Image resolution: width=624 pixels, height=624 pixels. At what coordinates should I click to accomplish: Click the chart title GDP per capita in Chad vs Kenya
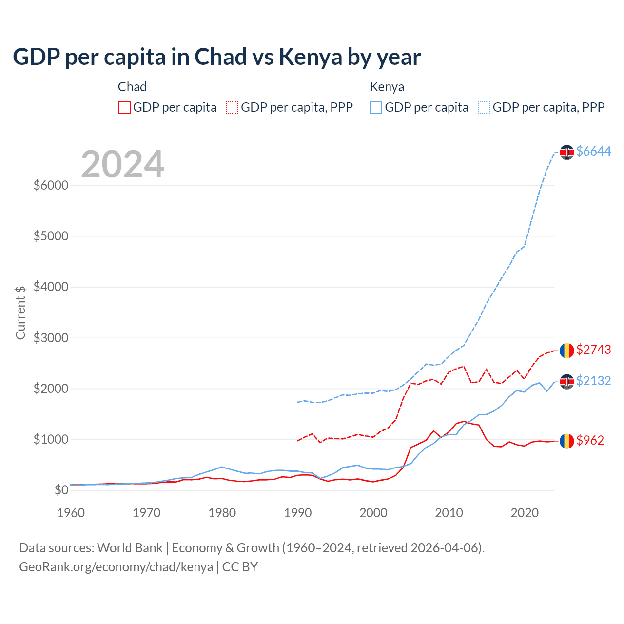[x=216, y=57]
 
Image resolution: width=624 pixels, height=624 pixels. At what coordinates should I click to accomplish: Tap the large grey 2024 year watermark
[x=122, y=164]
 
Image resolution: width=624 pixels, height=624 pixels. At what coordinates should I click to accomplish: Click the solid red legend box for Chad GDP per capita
[x=124, y=107]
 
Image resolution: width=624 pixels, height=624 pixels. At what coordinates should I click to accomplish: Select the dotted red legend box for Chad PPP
[x=232, y=107]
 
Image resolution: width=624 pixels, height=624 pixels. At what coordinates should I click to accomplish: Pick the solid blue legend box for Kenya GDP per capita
[x=376, y=107]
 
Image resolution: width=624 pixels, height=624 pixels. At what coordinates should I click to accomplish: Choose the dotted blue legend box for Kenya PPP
[x=484, y=107]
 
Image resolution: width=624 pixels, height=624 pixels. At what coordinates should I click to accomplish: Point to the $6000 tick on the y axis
[x=51, y=186]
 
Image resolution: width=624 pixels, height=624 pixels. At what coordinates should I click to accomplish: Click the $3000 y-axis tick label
[x=51, y=338]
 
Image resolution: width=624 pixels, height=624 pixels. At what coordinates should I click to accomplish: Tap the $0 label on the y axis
[x=61, y=490]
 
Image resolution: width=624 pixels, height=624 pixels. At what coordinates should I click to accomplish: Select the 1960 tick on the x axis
[x=71, y=513]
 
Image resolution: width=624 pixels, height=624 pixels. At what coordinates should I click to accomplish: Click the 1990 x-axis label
[x=298, y=513]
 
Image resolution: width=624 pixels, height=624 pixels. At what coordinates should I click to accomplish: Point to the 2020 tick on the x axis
[x=525, y=513]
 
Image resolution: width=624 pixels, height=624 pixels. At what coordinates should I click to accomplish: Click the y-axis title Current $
[x=20, y=312]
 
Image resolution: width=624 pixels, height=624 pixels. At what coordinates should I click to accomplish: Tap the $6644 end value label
[x=593, y=152]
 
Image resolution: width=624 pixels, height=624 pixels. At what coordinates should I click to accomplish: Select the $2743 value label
[x=593, y=350]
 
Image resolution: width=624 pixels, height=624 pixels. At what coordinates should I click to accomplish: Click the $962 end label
[x=590, y=440]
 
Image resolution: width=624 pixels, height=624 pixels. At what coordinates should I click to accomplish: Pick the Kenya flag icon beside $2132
[x=566, y=381]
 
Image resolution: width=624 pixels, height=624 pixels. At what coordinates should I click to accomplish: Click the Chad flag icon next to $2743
[x=566, y=351]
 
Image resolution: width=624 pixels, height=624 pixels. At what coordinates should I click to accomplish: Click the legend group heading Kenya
[x=387, y=87]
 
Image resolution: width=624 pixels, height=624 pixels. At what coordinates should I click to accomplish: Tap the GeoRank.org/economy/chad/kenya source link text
[x=116, y=567]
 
